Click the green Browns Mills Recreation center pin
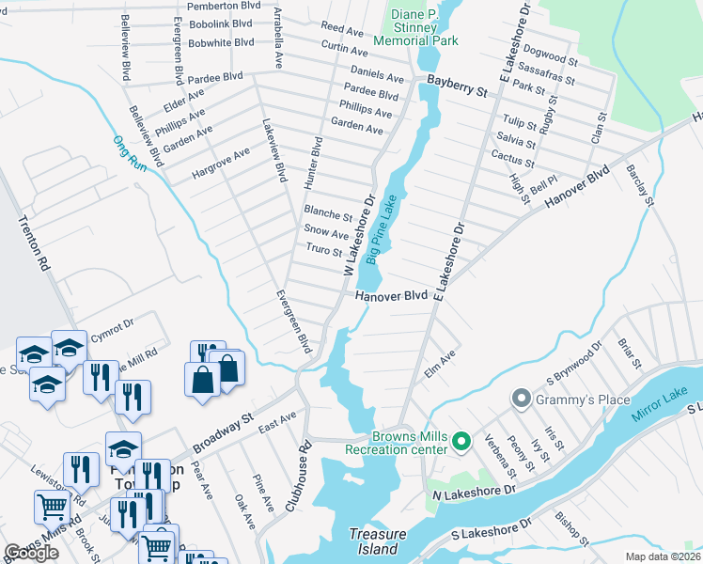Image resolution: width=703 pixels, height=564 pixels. [x=461, y=440]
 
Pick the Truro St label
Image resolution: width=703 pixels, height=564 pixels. [x=324, y=250]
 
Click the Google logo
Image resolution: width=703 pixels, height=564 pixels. [x=31, y=553]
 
